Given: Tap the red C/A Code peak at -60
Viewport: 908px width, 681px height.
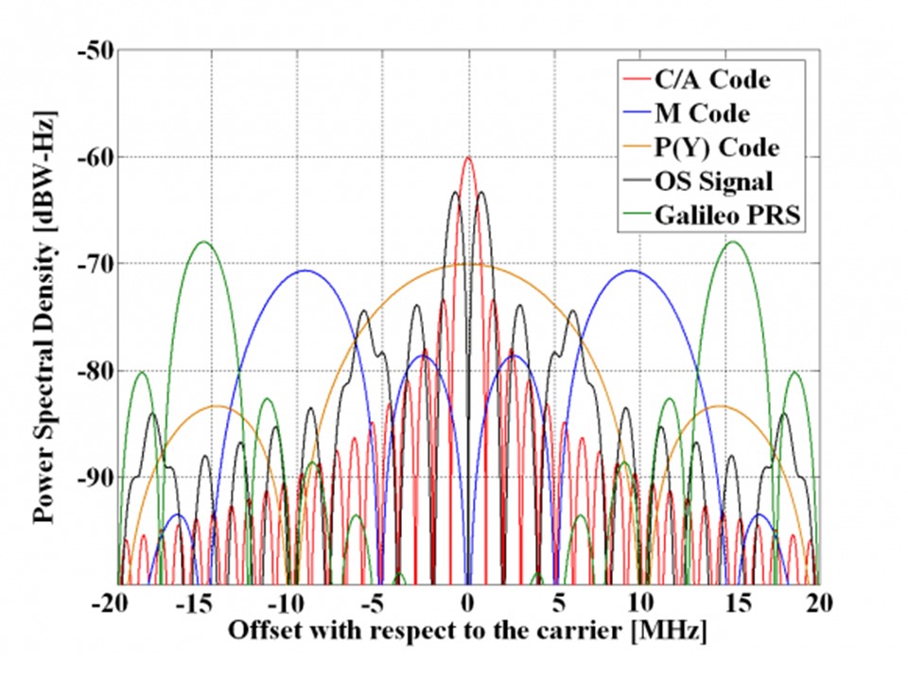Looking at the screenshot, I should pos(468,158).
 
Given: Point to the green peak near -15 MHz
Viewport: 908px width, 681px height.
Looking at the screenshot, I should pos(203,242).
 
